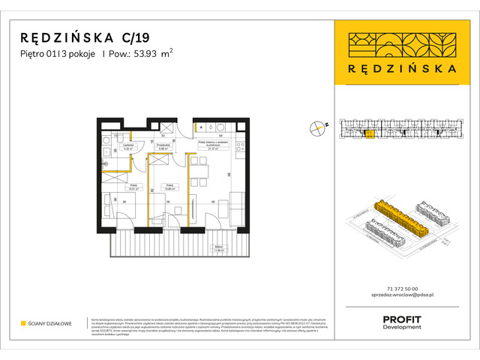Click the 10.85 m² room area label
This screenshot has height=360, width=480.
point(169,188)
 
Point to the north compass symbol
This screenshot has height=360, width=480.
point(320,127)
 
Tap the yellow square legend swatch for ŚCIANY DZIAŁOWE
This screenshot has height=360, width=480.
point(22,323)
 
